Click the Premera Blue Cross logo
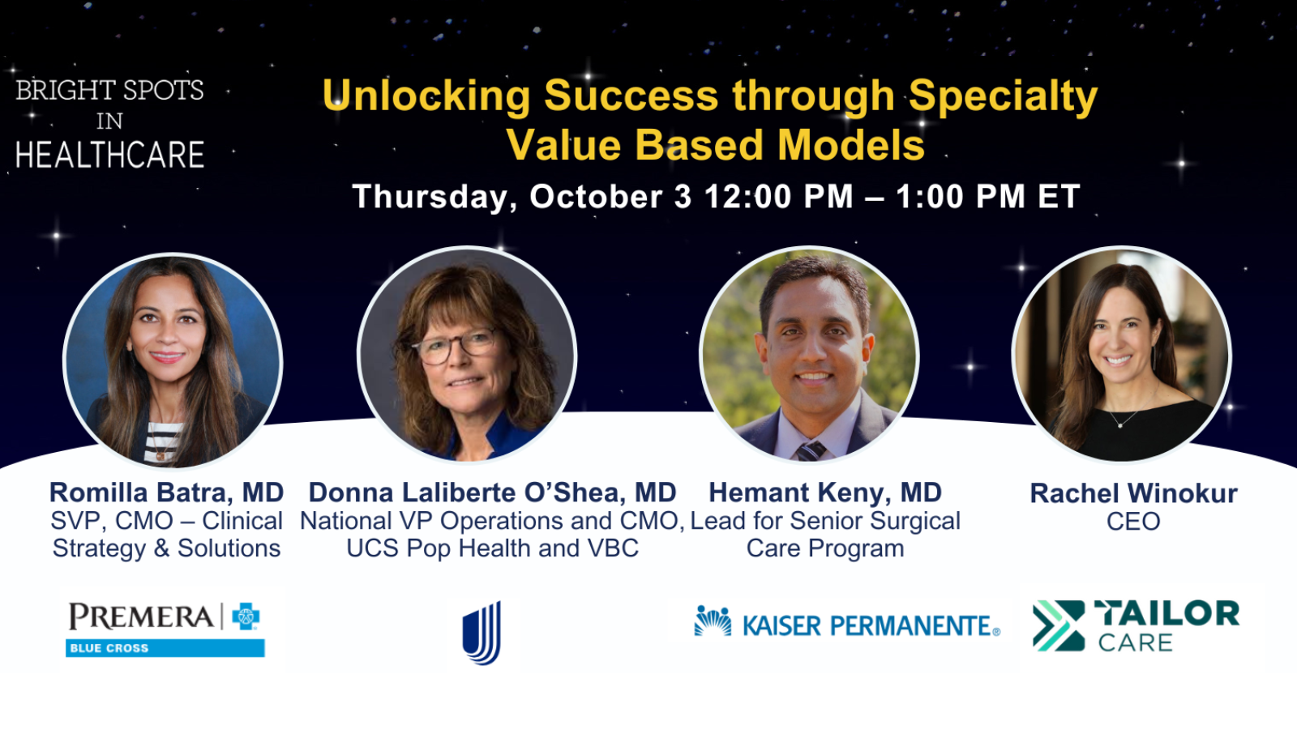165,628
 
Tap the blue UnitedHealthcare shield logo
482,633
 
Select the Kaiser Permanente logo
847,624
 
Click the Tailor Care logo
1136,625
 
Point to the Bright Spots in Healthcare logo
109,123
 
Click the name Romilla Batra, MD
166,492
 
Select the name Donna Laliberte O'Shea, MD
492,492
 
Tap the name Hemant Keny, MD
825,492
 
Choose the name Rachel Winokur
1133,493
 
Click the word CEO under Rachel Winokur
1133,522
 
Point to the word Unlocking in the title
426,96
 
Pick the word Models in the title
850,146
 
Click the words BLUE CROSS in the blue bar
109,648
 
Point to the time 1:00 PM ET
987,197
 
